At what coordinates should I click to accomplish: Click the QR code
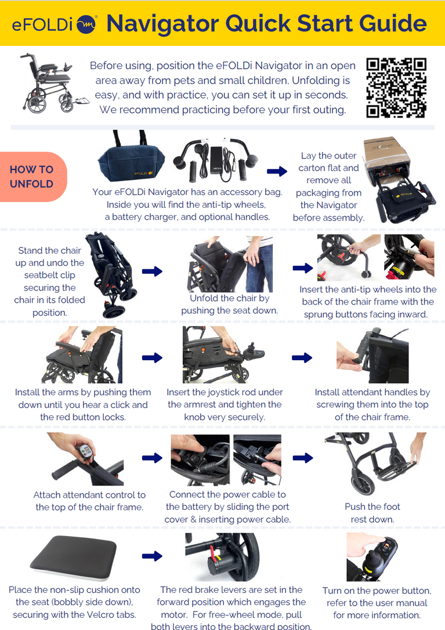(396, 88)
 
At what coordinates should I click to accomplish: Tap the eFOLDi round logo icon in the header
(86, 25)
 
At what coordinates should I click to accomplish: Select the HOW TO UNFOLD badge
(32, 177)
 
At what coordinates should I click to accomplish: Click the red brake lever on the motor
(211, 556)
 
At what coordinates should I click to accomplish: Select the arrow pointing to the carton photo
(277, 171)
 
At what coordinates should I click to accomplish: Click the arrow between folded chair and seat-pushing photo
(152, 271)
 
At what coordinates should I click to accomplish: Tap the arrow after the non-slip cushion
(152, 556)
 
